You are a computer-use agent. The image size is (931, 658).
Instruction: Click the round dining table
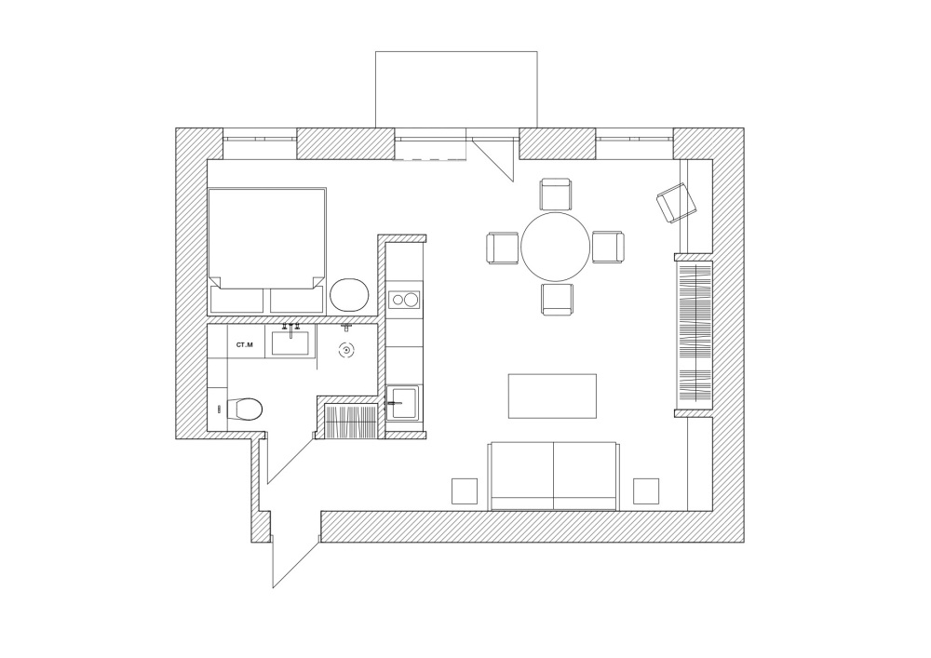point(555,247)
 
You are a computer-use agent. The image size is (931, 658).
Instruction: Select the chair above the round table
point(557,195)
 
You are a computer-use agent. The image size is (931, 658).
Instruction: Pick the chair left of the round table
point(503,248)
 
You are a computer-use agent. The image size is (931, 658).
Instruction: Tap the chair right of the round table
point(608,248)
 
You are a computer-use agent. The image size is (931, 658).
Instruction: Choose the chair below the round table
point(557,300)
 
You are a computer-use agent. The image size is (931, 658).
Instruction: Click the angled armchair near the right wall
point(676,202)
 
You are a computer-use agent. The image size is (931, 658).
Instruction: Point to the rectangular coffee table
point(552,396)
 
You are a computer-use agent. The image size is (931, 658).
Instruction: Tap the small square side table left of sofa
point(465,490)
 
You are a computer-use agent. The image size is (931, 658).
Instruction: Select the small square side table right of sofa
point(646,490)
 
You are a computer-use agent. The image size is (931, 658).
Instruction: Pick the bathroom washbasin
point(290,342)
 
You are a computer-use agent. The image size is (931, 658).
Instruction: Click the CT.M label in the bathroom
point(245,344)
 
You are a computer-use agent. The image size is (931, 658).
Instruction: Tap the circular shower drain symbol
point(346,351)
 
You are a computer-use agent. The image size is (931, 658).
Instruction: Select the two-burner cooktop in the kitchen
point(404,300)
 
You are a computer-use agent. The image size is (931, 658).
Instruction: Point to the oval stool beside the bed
point(350,294)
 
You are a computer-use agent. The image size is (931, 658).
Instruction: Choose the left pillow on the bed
point(236,301)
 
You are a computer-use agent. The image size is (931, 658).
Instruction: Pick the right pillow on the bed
point(297,301)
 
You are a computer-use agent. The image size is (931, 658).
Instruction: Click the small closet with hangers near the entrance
point(351,421)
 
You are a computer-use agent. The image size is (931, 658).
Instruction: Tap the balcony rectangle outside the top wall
point(456,89)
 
